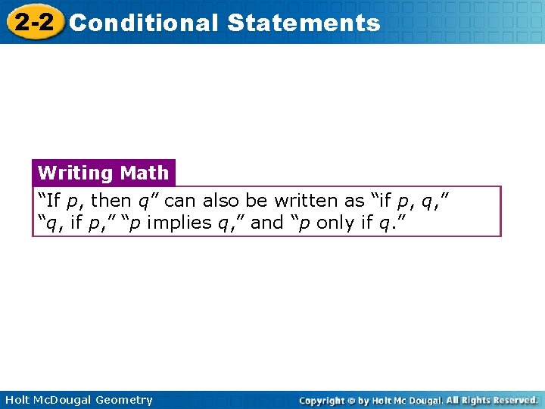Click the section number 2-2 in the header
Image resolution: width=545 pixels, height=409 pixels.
click(33, 22)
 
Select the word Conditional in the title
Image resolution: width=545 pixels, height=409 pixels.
click(143, 23)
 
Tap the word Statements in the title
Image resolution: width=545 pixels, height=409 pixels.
click(303, 23)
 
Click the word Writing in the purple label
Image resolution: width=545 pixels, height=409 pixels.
click(74, 173)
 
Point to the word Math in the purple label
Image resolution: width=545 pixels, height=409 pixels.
click(144, 173)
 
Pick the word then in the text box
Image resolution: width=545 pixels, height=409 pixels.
click(111, 201)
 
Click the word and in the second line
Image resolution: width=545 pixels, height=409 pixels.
click(266, 223)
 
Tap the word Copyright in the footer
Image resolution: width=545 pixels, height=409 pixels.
click(321, 400)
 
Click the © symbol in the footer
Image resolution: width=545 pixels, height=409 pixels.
click(351, 400)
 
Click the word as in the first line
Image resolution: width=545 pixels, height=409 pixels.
click(353, 201)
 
